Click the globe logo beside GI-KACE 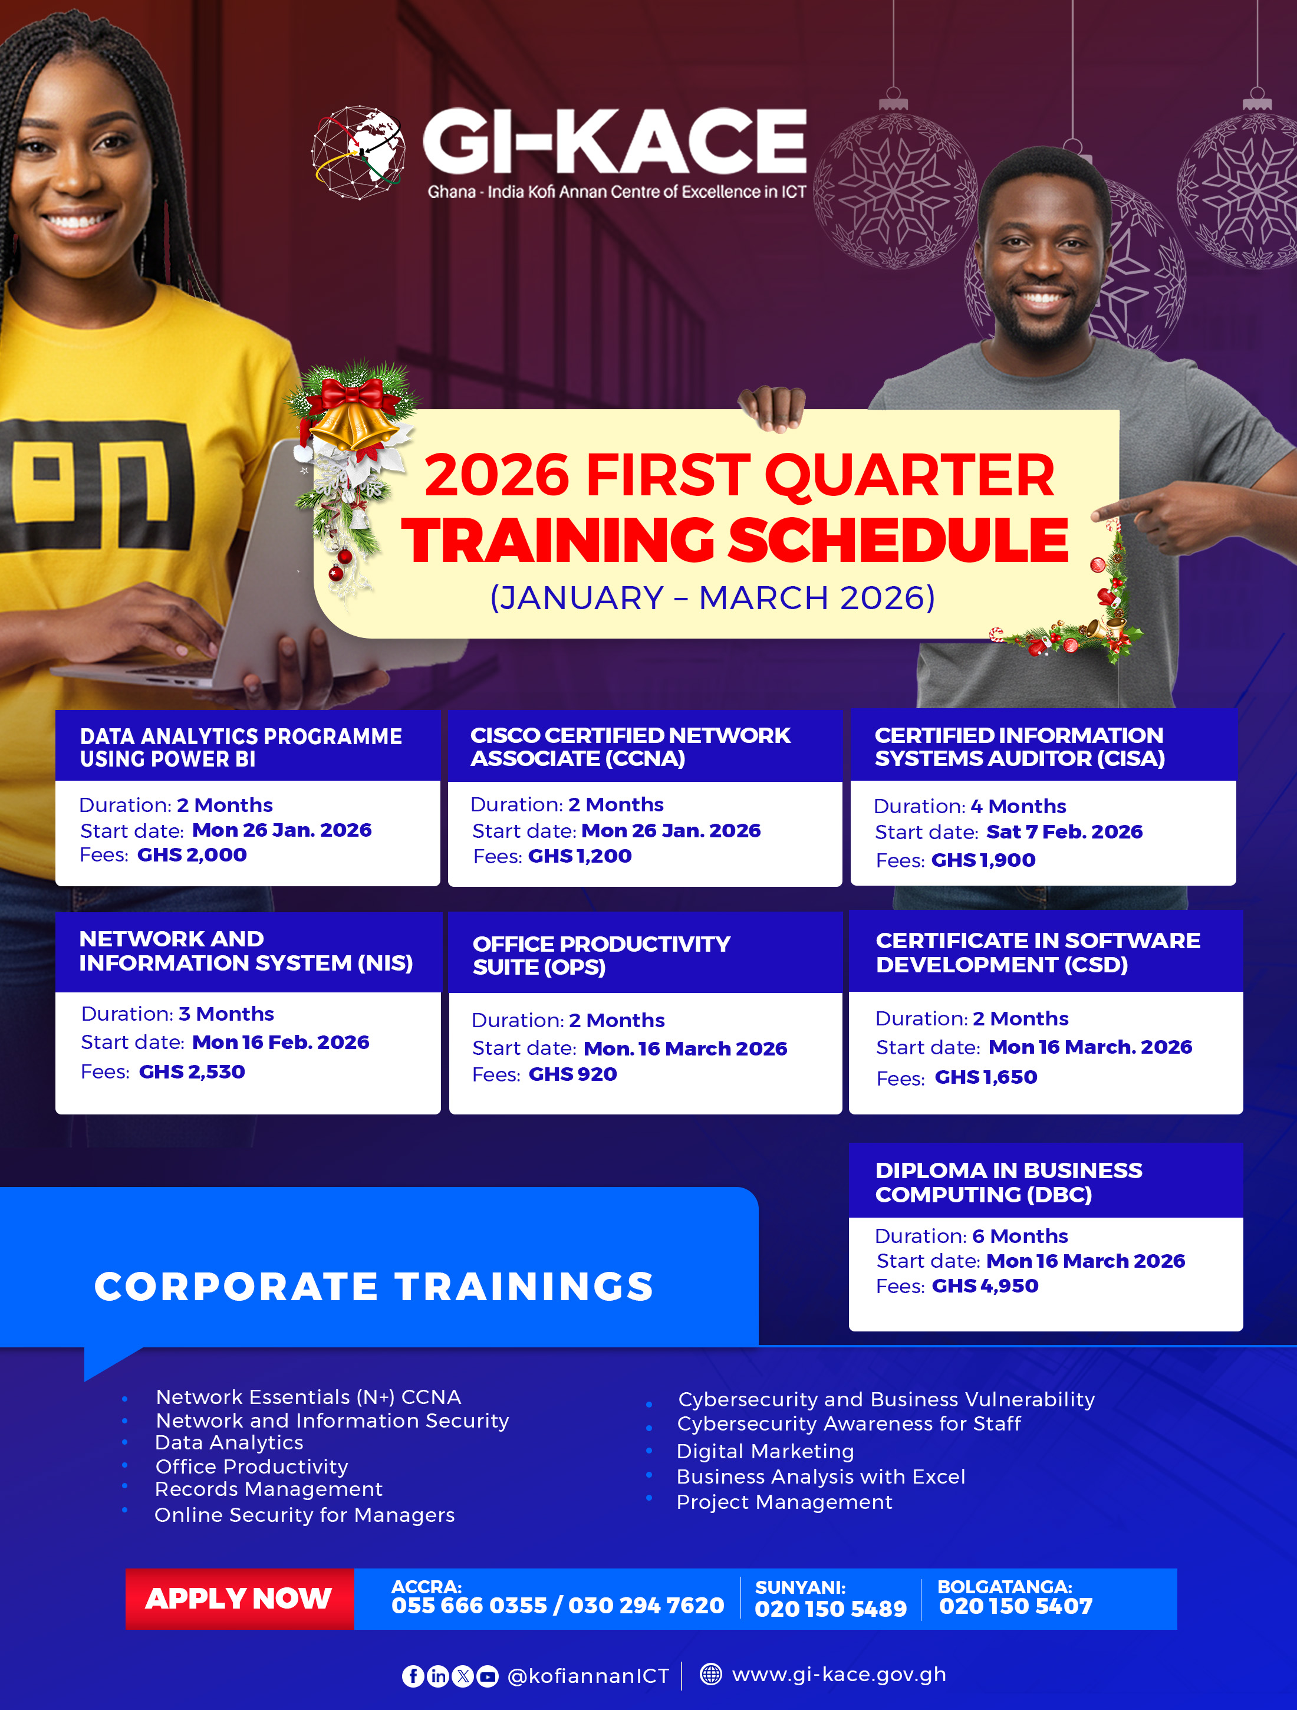click(358, 152)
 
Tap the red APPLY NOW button click(239, 1599)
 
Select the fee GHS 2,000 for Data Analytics click(192, 854)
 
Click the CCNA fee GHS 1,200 click(580, 856)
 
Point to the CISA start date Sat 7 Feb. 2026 click(1064, 832)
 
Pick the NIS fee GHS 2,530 click(192, 1071)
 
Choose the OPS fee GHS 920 click(573, 1074)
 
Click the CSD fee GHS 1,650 click(986, 1077)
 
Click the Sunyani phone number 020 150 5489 click(830, 1609)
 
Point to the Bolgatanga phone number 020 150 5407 click(1016, 1606)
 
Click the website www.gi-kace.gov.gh click(839, 1675)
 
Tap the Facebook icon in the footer click(413, 1676)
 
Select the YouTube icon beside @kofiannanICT click(487, 1676)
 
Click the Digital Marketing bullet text click(765, 1451)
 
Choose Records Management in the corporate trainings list click(268, 1489)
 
